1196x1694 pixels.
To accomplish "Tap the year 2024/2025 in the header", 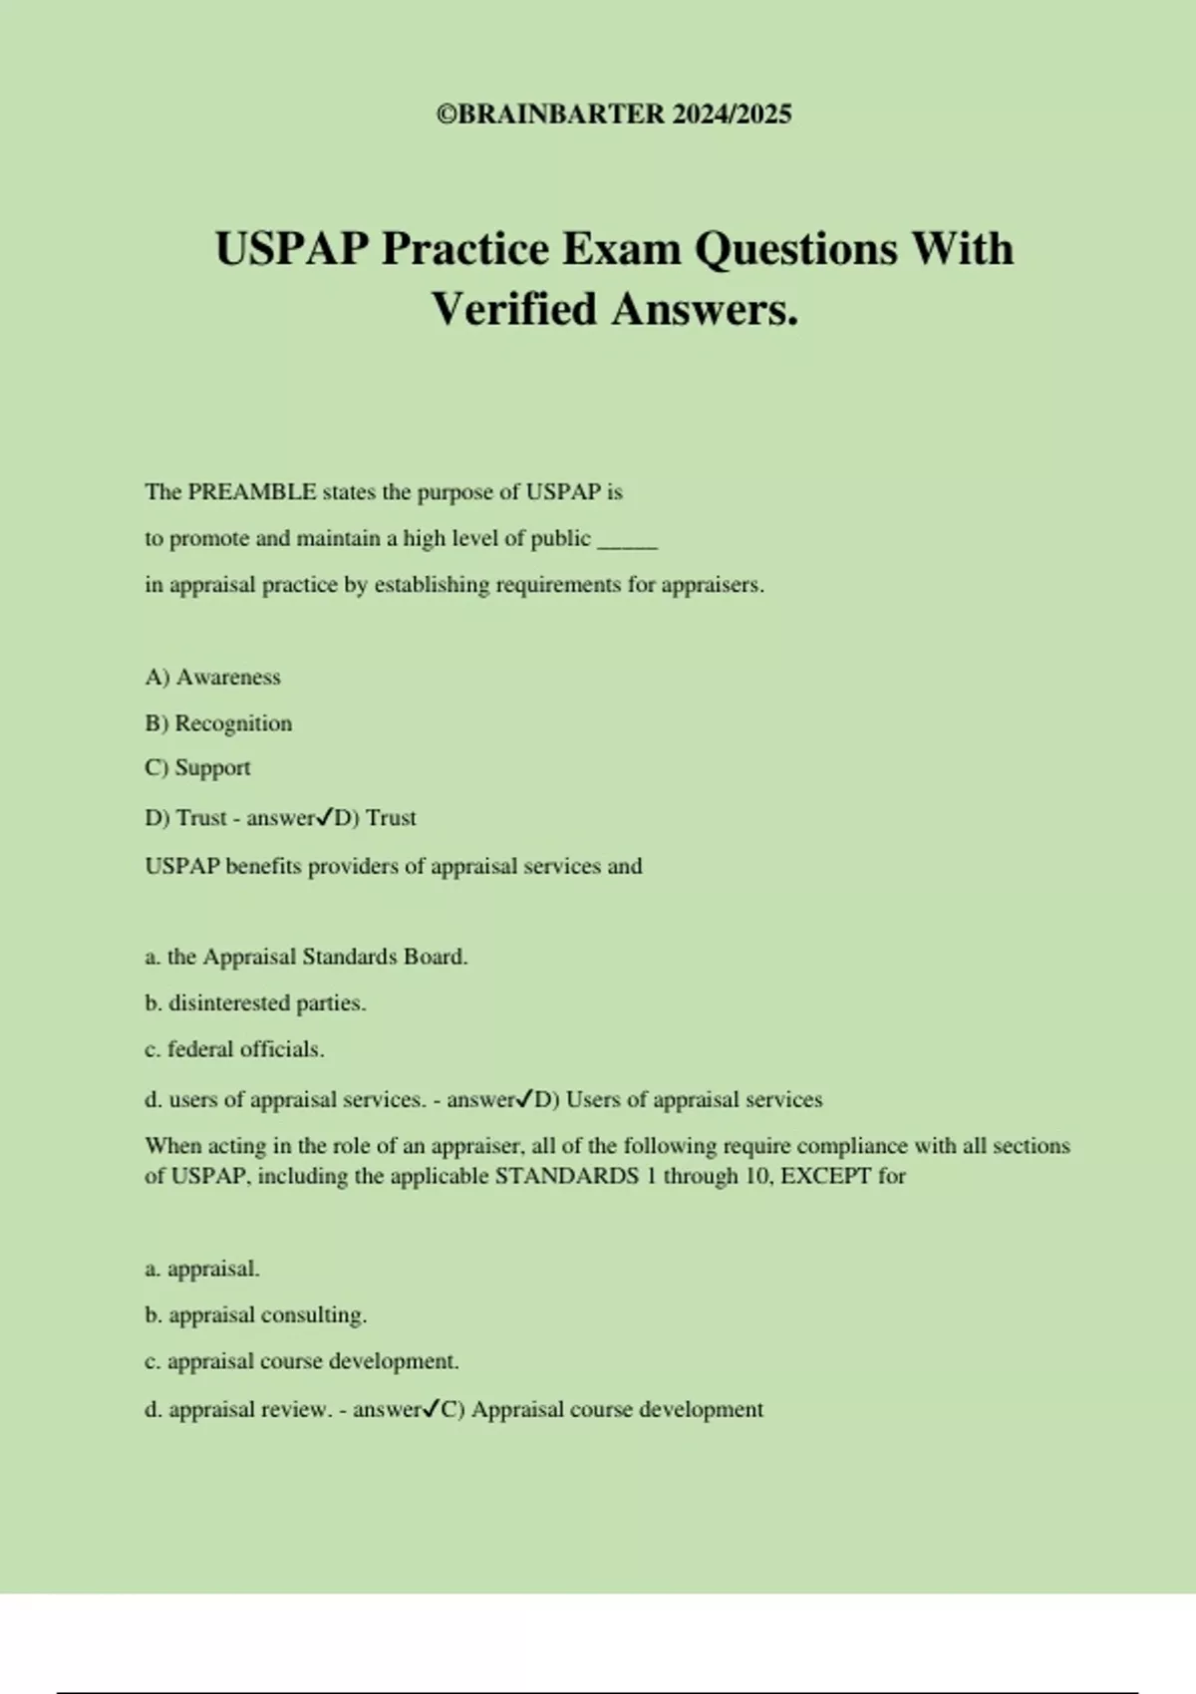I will click(x=732, y=115).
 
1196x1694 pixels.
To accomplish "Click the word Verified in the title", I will click(x=514, y=309).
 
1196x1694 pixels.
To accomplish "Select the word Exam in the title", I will click(x=623, y=249).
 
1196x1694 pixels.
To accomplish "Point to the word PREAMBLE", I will click(x=252, y=492).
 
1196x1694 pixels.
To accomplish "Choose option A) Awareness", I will click(x=212, y=678).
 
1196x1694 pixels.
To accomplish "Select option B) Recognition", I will click(x=218, y=723).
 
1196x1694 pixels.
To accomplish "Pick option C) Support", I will click(x=197, y=768).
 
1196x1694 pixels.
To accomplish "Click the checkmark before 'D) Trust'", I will click(x=325, y=818).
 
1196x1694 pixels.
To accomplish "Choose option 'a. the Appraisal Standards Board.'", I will click(x=306, y=958).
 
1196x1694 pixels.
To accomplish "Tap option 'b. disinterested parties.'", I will click(x=255, y=1003).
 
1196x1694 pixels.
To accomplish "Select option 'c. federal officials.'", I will click(x=234, y=1049).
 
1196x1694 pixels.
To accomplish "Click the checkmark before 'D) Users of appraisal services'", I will click(x=525, y=1100).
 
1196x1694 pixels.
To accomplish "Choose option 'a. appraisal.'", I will click(x=202, y=1270).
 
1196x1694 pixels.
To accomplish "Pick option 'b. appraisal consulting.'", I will click(x=255, y=1315).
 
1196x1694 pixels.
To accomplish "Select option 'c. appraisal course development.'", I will click(x=302, y=1361).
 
